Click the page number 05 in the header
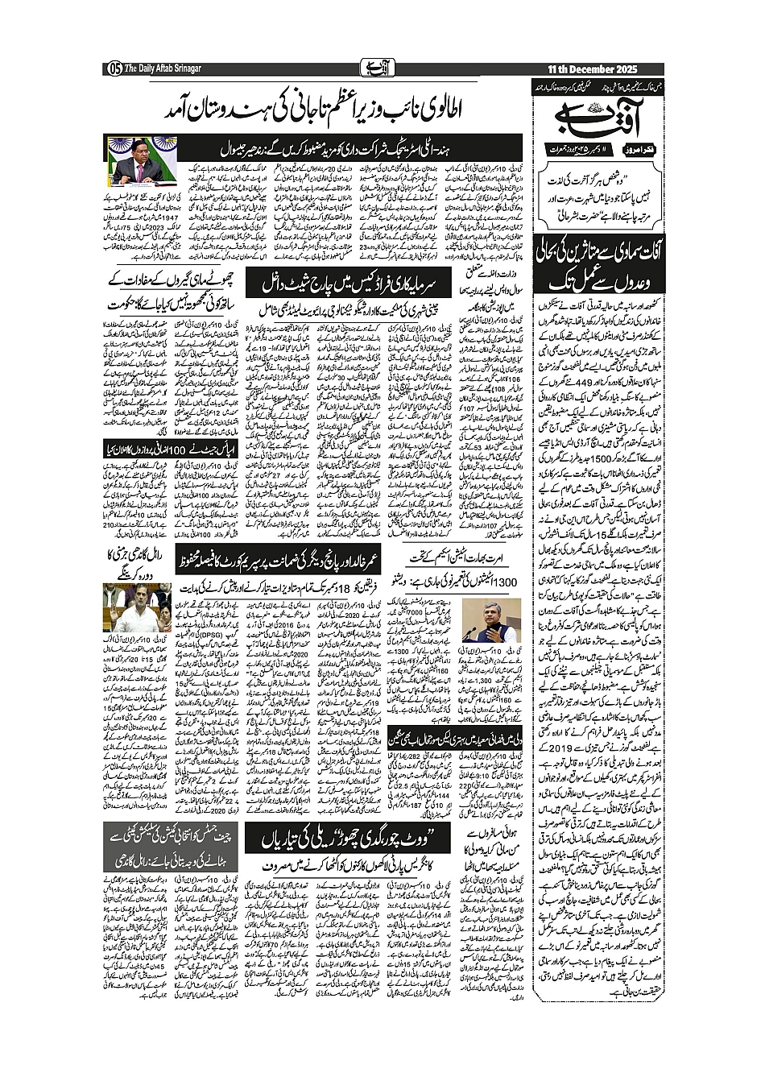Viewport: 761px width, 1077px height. point(113,68)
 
